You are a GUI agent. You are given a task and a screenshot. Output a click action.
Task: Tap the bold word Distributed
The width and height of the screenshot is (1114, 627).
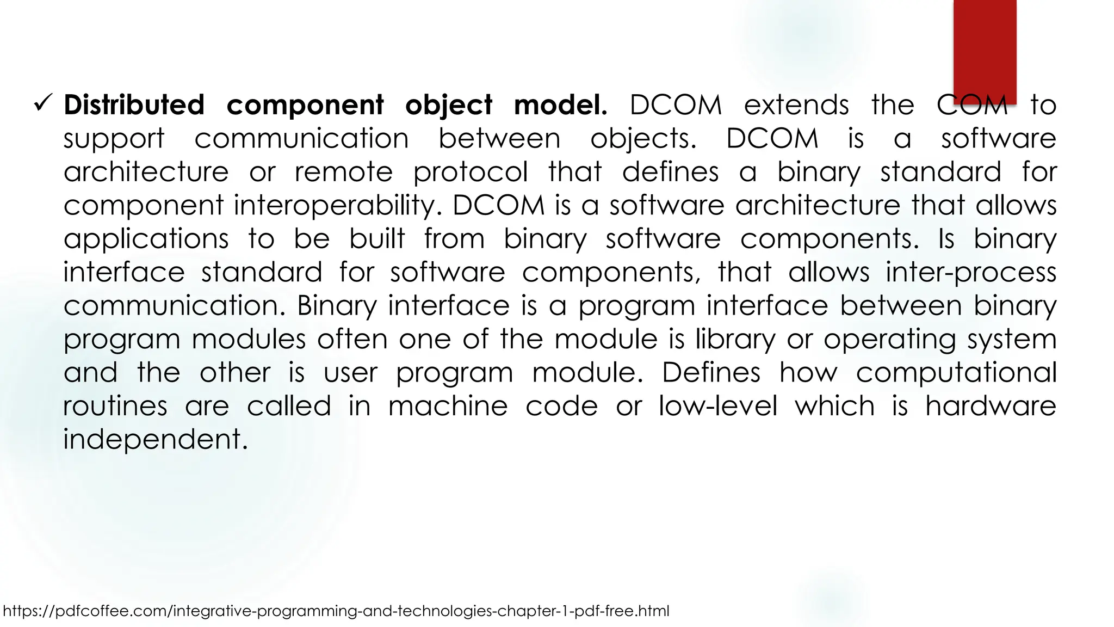tap(134, 104)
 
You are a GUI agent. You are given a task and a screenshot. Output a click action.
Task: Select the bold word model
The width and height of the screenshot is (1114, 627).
tap(560, 104)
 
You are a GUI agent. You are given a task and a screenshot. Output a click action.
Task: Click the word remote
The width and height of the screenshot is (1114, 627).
tap(343, 172)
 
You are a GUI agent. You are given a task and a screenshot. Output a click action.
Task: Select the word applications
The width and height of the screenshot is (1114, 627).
tap(146, 239)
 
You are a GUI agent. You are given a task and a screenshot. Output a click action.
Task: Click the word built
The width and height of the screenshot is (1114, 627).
tap(377, 238)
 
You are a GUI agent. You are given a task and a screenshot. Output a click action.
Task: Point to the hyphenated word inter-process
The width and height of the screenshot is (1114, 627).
tap(970, 272)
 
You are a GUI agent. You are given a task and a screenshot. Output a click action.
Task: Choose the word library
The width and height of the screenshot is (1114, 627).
tap(735, 340)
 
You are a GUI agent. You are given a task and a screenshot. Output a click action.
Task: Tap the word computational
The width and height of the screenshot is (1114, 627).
tap(956, 373)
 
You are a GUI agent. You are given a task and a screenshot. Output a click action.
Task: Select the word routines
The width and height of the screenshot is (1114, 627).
tap(115, 406)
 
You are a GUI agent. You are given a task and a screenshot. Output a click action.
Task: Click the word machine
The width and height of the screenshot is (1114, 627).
tap(448, 406)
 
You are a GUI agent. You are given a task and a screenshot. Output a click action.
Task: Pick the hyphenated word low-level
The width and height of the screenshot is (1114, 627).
tap(717, 406)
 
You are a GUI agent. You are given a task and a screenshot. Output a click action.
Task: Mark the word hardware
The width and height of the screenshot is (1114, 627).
tap(991, 406)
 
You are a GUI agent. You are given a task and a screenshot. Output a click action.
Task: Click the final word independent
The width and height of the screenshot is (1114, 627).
tap(155, 439)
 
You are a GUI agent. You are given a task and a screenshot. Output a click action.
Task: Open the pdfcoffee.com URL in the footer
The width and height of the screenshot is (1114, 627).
tap(336, 611)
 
